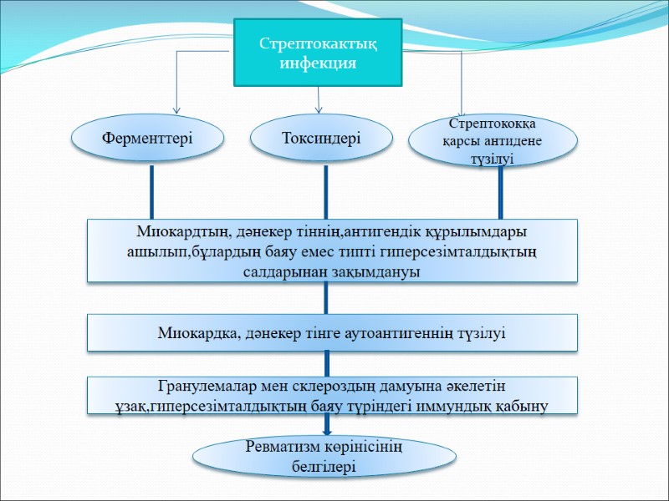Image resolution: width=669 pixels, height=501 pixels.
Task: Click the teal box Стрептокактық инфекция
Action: [318, 52]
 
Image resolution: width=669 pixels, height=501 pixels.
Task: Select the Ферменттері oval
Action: [147, 137]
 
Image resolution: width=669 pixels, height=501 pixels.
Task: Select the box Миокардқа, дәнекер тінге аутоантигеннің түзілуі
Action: [333, 332]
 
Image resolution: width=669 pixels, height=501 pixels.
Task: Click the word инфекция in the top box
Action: [318, 63]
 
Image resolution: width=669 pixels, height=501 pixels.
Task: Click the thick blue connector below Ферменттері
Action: [151, 191]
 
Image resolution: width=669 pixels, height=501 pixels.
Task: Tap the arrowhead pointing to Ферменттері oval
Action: [176, 109]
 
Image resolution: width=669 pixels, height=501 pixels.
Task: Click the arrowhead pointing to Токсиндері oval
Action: [319, 109]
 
